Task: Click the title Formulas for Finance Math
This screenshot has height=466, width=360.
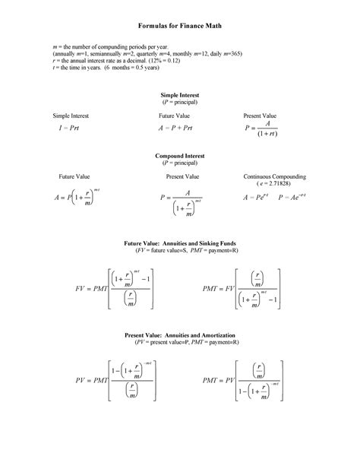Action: (x=179, y=25)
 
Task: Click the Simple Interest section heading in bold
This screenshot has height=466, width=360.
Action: (x=179, y=94)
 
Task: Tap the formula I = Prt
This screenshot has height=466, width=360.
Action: (x=69, y=129)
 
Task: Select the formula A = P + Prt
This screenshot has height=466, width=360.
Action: (x=178, y=129)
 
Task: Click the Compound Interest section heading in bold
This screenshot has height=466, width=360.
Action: (x=179, y=155)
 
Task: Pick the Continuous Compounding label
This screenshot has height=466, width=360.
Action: (x=275, y=176)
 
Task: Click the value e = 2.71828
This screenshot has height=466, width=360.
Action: (x=275, y=184)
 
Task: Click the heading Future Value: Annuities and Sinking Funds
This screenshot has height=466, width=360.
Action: (x=179, y=243)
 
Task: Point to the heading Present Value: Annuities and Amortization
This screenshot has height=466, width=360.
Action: (x=179, y=335)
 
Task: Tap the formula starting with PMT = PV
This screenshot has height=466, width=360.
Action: (x=244, y=380)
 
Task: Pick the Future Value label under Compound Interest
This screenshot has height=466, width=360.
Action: (x=74, y=176)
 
